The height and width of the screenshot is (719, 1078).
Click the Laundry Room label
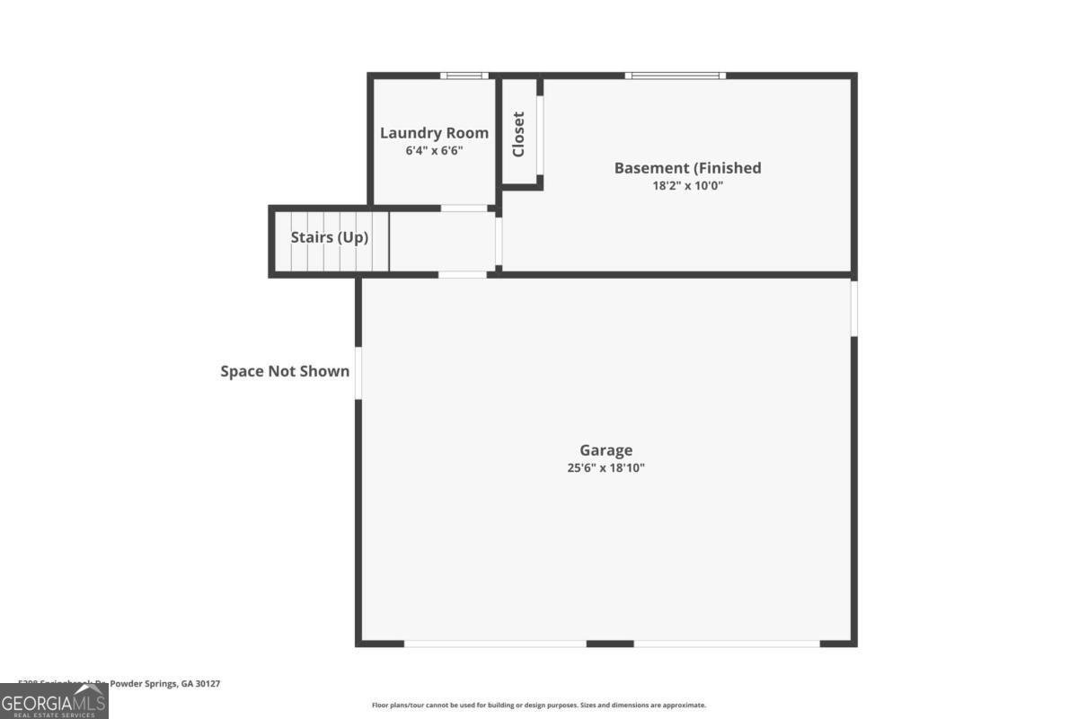click(434, 133)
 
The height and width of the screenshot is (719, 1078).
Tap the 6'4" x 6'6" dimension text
click(434, 151)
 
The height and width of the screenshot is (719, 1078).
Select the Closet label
click(518, 134)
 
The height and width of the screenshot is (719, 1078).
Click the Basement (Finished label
click(687, 168)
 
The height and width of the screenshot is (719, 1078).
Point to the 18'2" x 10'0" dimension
click(687, 187)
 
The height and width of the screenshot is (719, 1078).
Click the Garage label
click(605, 450)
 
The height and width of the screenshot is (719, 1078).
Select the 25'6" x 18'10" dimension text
click(605, 468)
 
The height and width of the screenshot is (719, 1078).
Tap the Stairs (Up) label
click(329, 238)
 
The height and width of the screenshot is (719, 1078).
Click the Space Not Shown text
click(285, 371)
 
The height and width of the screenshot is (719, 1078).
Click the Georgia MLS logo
click(54, 701)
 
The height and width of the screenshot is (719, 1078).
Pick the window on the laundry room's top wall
click(464, 75)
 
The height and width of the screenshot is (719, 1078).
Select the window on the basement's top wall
click(676, 75)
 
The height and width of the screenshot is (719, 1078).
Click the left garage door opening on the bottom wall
click(495, 644)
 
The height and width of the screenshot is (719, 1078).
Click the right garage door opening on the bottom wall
click(727, 644)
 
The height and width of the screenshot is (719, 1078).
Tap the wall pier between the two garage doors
click(610, 644)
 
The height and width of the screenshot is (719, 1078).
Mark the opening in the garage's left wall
click(358, 373)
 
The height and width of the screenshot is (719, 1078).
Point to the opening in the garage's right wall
click(853, 308)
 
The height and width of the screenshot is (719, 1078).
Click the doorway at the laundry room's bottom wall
click(464, 209)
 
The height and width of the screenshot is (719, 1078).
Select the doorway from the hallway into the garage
click(463, 274)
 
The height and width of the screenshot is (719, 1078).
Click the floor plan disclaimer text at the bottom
click(539, 706)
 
